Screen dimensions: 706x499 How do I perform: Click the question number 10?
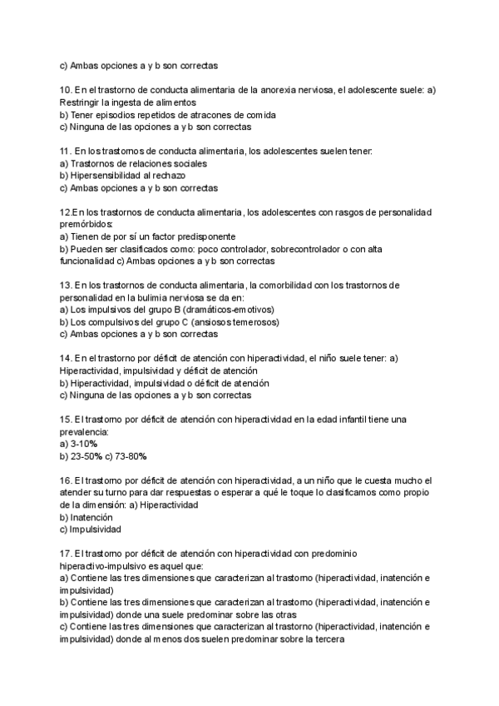(66, 90)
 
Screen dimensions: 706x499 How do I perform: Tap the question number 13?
(66, 285)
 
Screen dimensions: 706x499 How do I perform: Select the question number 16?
(66, 480)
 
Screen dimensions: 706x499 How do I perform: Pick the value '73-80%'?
(131, 457)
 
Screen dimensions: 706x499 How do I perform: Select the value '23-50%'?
(86, 457)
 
